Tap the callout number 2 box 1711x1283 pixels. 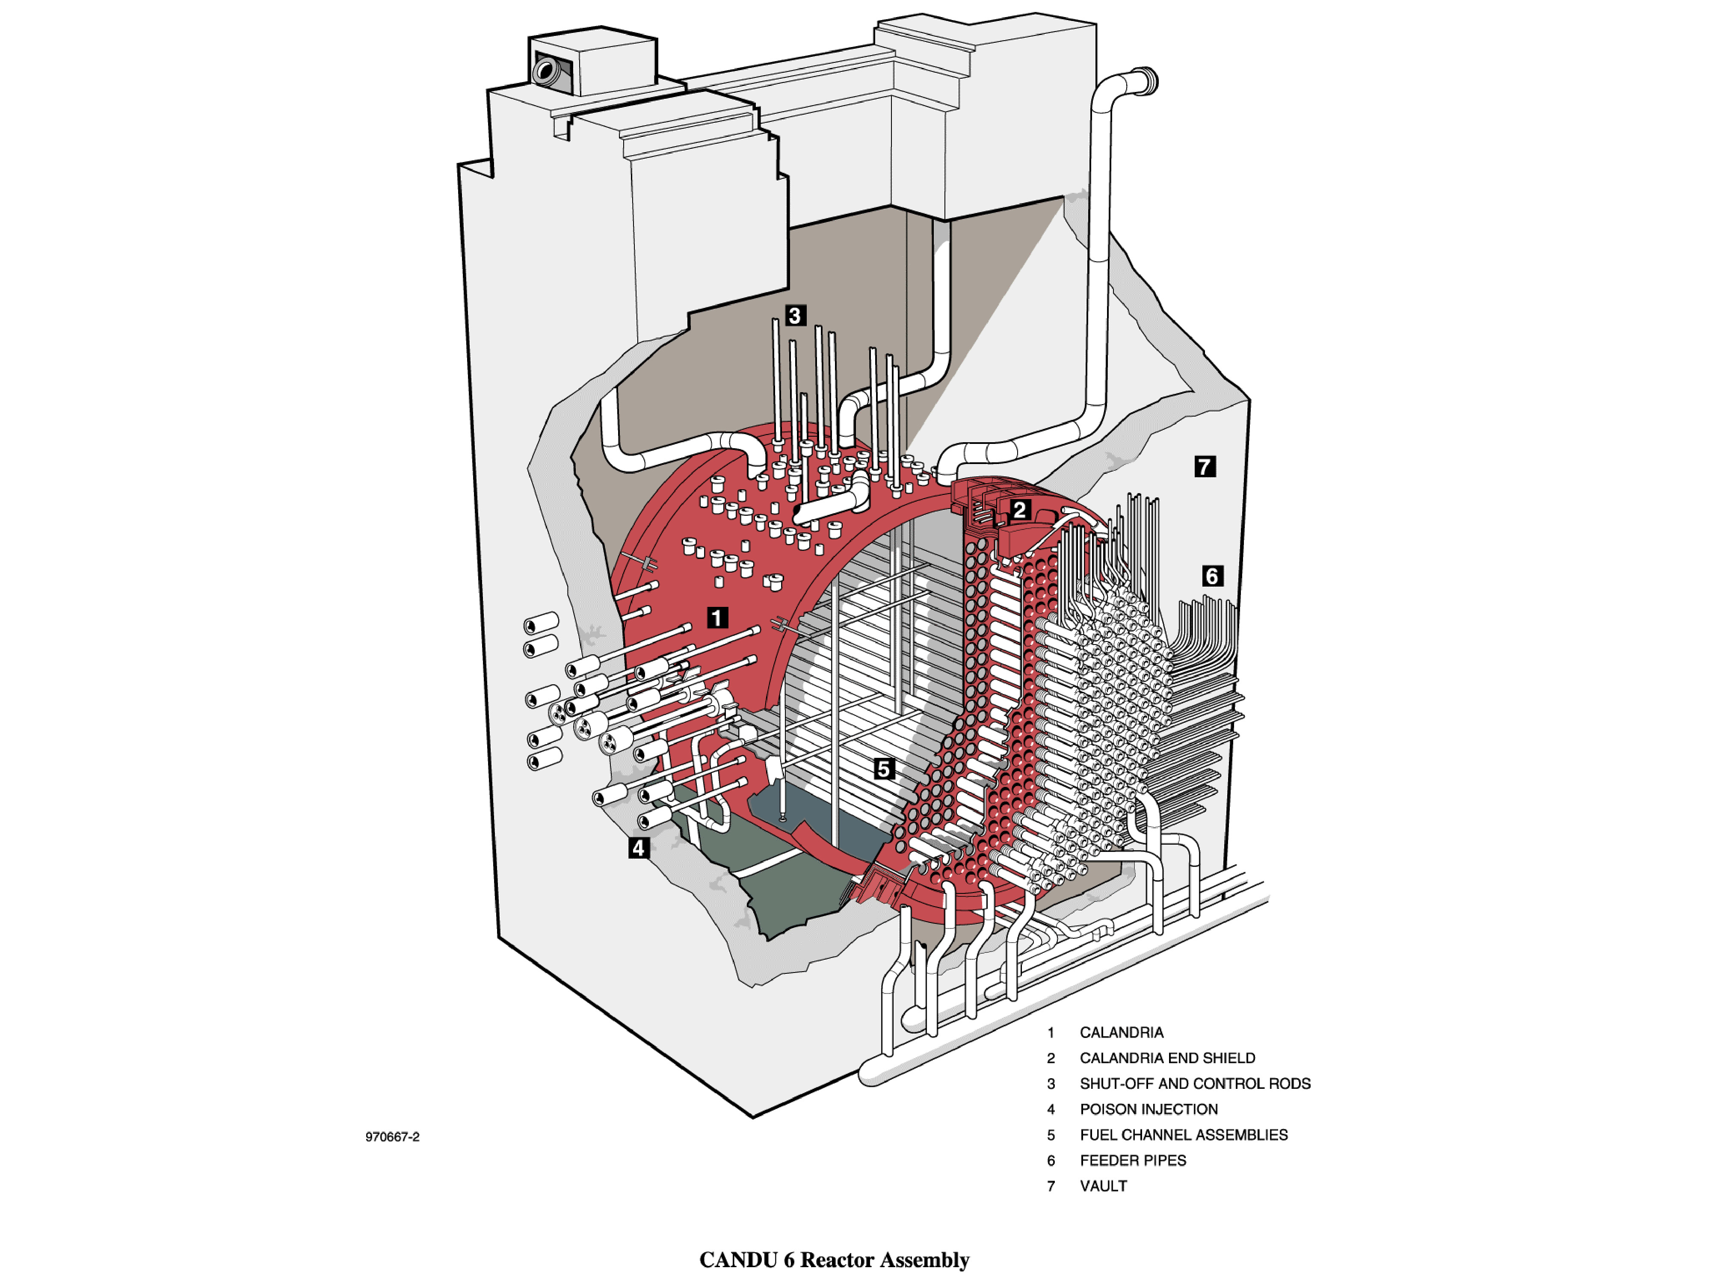tap(1019, 510)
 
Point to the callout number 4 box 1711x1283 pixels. tap(638, 848)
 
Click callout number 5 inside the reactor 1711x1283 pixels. tap(883, 769)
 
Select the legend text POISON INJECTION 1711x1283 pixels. tap(1148, 1109)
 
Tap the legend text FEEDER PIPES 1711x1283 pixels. tap(1132, 1160)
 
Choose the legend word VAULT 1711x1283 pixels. tap(1103, 1185)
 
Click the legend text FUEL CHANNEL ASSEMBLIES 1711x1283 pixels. tap(1184, 1135)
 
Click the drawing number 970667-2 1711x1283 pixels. tap(392, 1137)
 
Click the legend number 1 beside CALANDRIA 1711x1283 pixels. tap(1051, 1032)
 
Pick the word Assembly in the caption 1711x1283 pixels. tap(930, 1261)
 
